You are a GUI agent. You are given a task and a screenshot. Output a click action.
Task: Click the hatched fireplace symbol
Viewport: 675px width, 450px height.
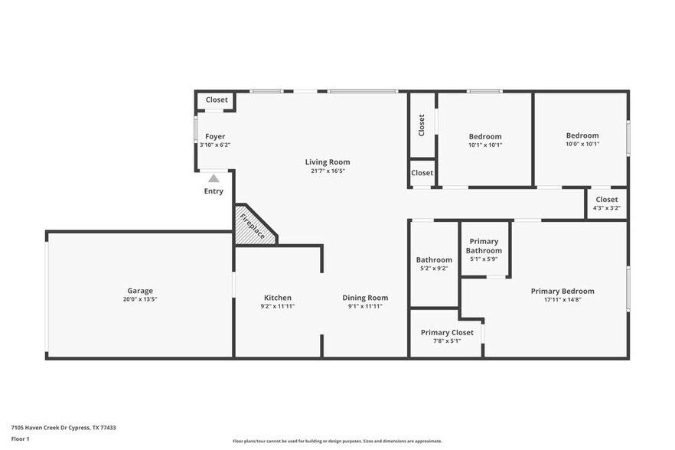pos(253,226)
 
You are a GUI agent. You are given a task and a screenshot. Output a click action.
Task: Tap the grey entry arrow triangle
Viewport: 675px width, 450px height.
pos(214,178)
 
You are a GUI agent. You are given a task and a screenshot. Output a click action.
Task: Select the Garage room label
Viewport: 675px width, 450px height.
pos(140,291)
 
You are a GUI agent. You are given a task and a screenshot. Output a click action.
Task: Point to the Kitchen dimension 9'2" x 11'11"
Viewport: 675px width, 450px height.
pos(277,306)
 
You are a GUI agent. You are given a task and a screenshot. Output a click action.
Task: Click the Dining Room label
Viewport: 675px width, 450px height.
pos(365,298)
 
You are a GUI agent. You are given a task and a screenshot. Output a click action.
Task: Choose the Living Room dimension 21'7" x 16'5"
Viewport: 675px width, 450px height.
pos(328,171)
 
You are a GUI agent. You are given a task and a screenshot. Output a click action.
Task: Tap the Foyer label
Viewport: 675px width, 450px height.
pos(215,136)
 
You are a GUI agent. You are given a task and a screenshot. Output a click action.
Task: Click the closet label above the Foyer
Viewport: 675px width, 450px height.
pos(217,100)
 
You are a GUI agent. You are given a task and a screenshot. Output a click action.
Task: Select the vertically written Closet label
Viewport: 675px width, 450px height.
pos(422,125)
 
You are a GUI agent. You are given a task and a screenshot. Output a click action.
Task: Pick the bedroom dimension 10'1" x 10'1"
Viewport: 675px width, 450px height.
pos(485,145)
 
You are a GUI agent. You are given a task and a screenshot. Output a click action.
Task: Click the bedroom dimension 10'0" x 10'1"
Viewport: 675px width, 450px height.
pos(582,144)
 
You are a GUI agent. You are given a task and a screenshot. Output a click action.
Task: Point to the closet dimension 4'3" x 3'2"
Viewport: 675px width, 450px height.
pos(606,207)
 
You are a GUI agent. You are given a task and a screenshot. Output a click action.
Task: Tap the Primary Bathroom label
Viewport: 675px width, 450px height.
pos(484,246)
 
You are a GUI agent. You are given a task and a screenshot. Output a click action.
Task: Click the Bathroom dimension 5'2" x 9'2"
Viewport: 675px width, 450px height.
pos(434,269)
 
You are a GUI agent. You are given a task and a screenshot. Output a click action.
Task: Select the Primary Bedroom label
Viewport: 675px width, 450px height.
pos(562,291)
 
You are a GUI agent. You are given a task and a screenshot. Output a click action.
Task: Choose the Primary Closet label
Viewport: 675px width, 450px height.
pos(447,332)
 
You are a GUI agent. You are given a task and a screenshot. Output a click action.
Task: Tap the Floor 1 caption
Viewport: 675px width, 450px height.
pos(20,439)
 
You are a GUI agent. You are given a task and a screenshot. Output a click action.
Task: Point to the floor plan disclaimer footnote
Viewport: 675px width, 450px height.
pos(337,441)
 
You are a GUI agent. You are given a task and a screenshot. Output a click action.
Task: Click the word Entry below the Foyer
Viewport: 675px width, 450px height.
pos(214,191)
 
